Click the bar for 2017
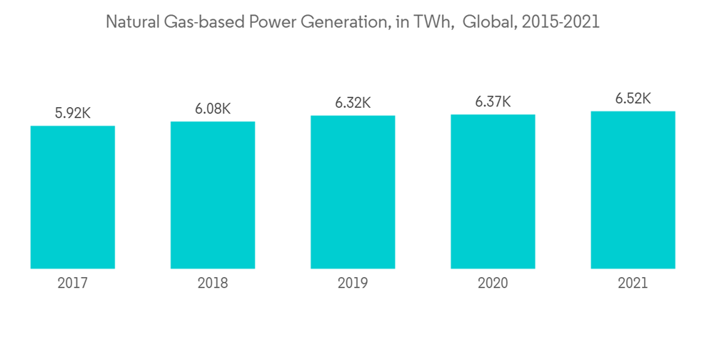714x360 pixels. click(x=73, y=197)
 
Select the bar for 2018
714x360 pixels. click(x=213, y=195)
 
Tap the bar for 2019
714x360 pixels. click(x=353, y=192)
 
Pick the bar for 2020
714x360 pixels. click(x=493, y=191)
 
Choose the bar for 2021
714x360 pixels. click(x=633, y=190)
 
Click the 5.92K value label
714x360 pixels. click(x=73, y=113)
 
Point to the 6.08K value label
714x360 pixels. click(x=213, y=109)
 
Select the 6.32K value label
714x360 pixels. click(x=353, y=103)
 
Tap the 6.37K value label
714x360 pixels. click(x=493, y=101)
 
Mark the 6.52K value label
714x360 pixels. click(x=633, y=98)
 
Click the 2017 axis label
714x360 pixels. click(x=73, y=284)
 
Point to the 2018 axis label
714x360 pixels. click(x=213, y=284)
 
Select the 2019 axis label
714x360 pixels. click(x=353, y=284)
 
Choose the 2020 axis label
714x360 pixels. click(x=493, y=284)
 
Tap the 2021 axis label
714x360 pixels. click(x=633, y=284)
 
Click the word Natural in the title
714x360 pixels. click(x=129, y=22)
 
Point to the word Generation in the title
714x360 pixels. click(x=345, y=22)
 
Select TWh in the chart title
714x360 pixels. click(x=433, y=22)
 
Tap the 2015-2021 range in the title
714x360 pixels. click(x=560, y=22)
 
